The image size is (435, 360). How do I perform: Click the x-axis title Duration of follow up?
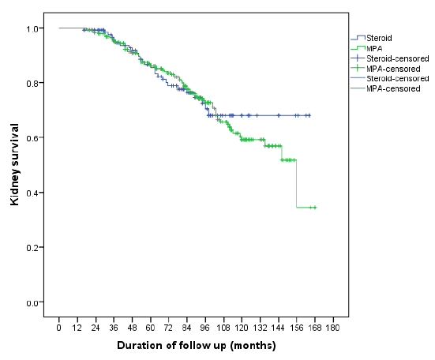point(196,346)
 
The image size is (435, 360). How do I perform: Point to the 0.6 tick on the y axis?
point(32,138)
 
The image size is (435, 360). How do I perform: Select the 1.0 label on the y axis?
point(32,28)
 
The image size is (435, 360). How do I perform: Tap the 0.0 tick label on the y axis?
point(32,302)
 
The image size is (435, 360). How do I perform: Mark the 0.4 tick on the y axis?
point(32,193)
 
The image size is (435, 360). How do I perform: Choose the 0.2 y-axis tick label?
point(32,248)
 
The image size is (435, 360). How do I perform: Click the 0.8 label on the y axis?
point(32,83)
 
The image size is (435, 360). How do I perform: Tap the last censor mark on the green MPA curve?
point(313,207)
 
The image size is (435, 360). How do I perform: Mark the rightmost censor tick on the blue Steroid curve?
point(309,115)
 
